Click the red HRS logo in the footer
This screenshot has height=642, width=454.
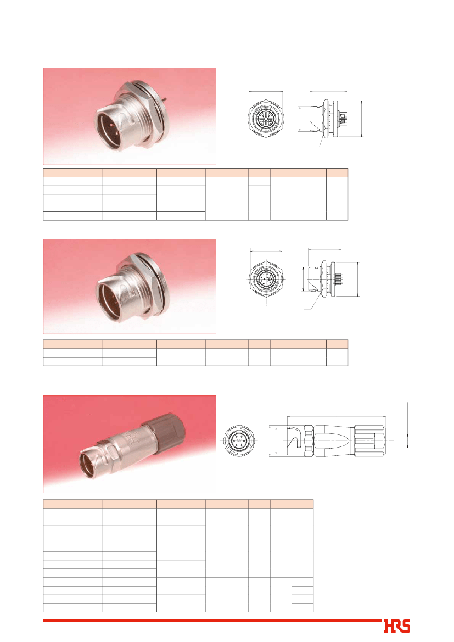397,626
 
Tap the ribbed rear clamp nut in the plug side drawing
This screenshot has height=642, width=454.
369,441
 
